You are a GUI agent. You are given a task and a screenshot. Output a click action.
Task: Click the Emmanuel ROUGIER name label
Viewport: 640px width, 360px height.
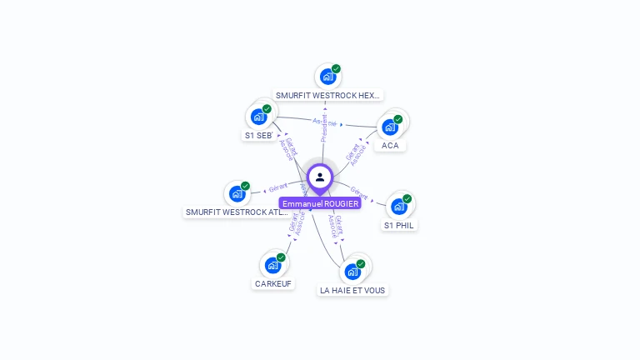320,203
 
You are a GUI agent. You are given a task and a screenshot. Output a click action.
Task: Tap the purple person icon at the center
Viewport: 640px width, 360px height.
320,177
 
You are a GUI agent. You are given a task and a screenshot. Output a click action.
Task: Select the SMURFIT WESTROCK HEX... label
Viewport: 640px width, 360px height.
327,96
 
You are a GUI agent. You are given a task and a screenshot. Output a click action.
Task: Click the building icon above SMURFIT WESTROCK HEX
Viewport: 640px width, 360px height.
327,77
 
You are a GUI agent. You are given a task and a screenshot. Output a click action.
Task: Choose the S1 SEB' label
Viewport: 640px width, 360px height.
258,135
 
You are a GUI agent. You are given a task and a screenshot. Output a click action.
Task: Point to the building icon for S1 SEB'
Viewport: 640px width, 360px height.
258,117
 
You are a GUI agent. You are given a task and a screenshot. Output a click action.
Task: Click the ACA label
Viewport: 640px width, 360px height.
390,146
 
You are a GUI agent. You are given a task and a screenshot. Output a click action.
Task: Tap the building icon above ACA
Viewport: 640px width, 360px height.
389,127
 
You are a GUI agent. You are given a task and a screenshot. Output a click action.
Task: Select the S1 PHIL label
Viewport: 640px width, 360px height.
399,225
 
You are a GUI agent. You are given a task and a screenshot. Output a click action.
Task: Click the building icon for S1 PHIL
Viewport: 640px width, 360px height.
399,207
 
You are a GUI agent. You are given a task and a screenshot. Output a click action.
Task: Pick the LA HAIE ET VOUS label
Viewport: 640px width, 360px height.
353,290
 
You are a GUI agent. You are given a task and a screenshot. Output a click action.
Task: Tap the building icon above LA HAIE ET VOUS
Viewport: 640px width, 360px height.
352,272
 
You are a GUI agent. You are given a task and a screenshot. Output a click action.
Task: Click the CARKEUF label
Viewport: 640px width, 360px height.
273,283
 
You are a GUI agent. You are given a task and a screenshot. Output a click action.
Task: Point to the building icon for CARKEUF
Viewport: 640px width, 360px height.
272,265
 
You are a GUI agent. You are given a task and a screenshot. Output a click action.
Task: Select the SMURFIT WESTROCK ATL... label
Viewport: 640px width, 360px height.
237,212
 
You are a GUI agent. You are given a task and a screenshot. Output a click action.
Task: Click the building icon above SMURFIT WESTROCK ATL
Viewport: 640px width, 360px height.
237,194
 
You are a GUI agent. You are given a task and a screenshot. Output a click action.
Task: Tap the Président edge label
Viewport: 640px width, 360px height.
324,127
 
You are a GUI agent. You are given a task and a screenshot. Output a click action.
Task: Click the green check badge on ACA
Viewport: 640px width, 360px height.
398,119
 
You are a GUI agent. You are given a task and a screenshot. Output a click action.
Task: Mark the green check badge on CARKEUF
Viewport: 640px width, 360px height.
281,257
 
